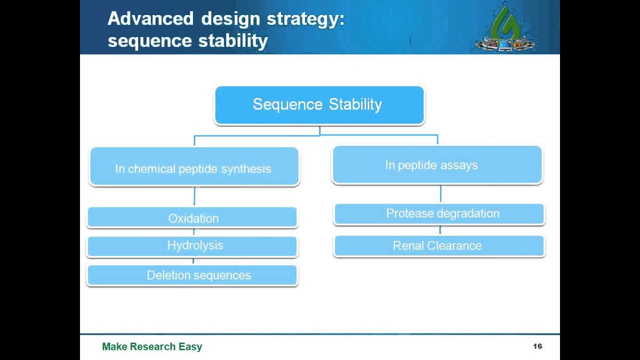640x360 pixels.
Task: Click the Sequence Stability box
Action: point(319,105)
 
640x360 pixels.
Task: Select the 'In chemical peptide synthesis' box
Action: point(193,167)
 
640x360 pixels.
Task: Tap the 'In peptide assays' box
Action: point(437,165)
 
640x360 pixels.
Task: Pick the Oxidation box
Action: point(192,218)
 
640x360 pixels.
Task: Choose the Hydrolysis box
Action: point(192,246)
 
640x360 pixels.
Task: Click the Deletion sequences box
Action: point(192,275)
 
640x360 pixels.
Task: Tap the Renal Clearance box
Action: point(439,245)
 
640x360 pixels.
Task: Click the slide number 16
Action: point(537,346)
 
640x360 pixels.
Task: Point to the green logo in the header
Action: point(505,29)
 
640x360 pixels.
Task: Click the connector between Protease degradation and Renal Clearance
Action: point(440,230)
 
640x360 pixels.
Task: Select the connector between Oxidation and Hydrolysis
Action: point(193,232)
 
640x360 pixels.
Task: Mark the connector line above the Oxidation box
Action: point(194,196)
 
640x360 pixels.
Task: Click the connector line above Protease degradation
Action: point(440,194)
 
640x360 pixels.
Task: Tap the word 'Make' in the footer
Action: point(114,346)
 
